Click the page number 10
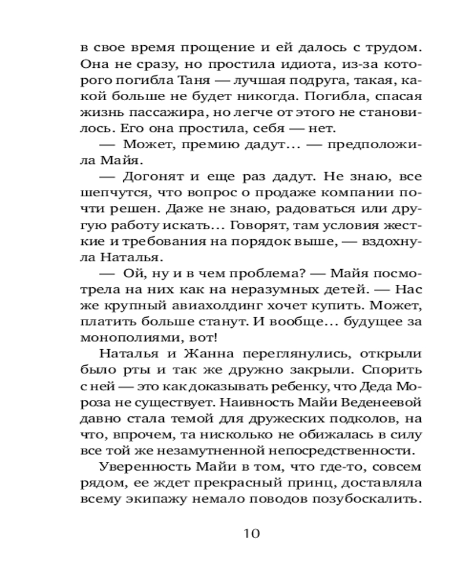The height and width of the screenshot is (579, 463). pyautogui.click(x=253, y=533)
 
